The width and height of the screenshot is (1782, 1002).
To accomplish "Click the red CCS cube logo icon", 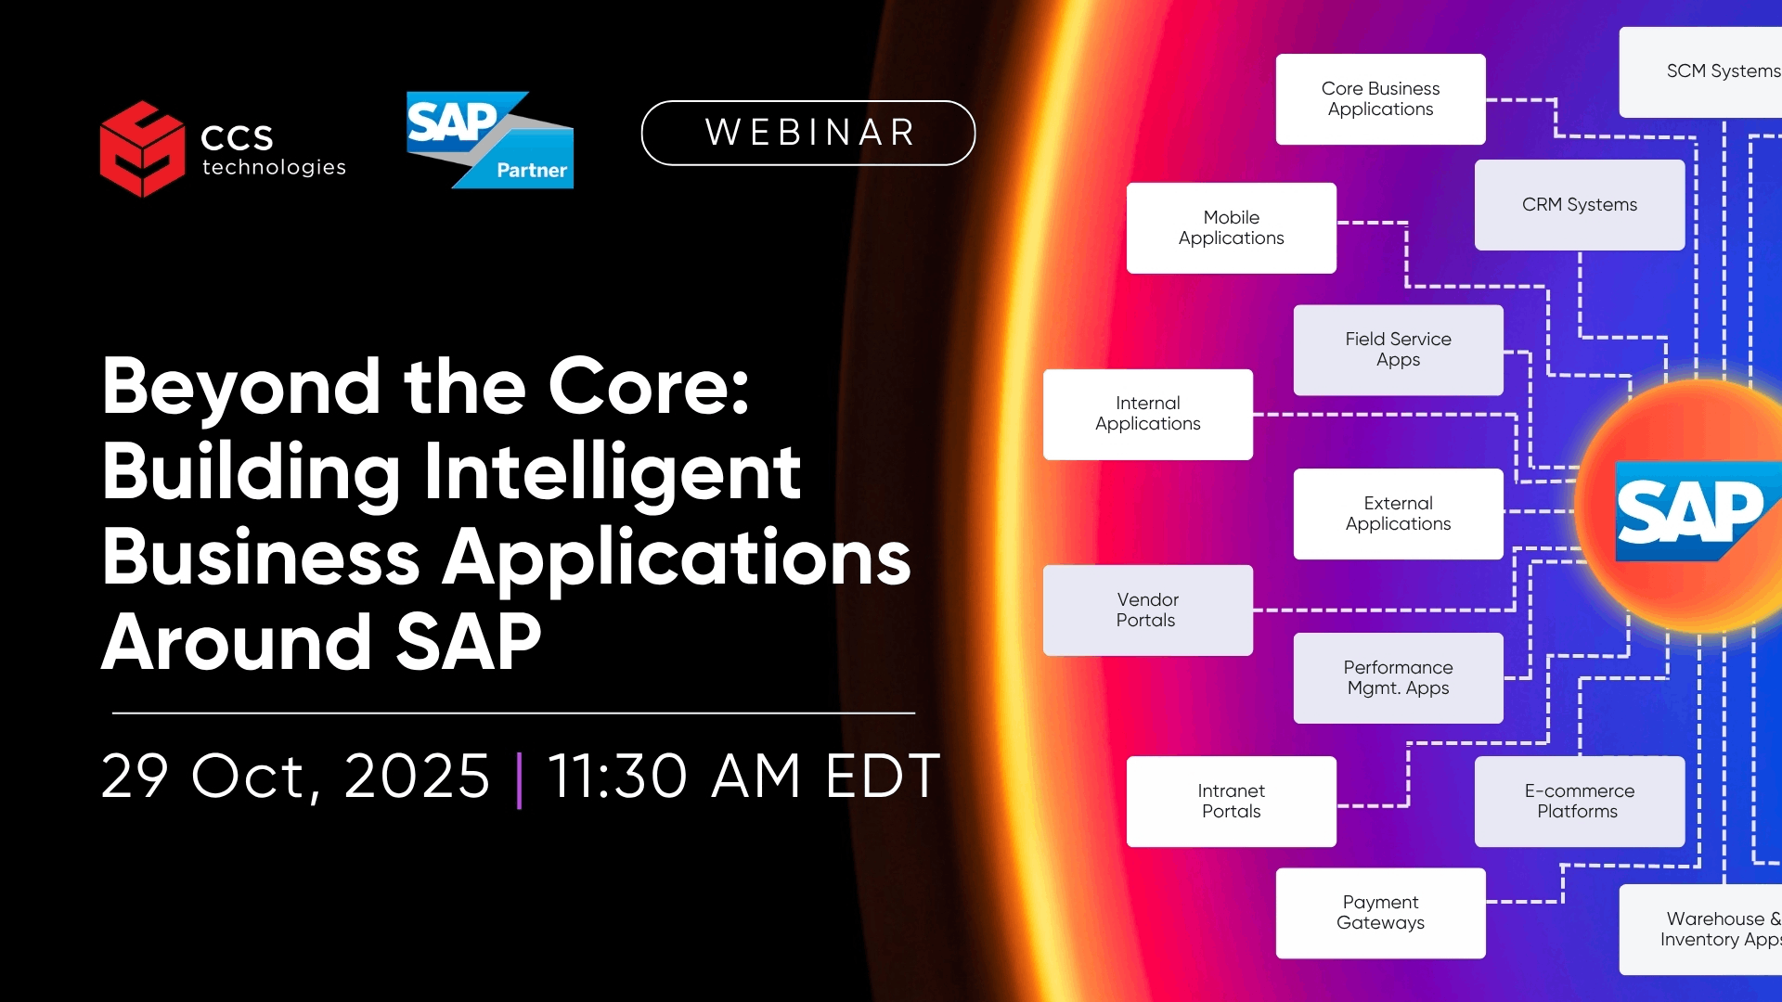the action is point(142,148).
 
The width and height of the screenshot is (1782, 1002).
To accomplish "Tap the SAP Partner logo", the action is point(490,140).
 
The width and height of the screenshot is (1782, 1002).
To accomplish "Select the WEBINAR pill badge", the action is point(808,133).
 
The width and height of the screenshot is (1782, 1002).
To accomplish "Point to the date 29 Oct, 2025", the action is point(295,776).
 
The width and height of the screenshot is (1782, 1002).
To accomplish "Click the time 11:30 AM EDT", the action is point(744,776).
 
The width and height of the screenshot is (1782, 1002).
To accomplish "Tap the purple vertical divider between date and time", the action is point(519,779).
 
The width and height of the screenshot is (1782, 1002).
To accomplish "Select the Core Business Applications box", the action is point(1380,99).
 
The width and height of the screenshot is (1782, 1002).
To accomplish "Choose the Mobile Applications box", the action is point(1232,228).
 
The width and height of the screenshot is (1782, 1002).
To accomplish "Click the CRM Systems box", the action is point(1580,205).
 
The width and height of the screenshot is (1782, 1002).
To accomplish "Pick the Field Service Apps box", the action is point(1399,350).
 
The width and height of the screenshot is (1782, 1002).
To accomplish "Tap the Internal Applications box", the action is point(1148,415).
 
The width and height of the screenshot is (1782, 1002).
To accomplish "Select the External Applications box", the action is point(1399,514).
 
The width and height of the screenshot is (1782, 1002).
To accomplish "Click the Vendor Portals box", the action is point(1148,610).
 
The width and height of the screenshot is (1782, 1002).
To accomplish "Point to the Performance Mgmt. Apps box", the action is point(1399,678).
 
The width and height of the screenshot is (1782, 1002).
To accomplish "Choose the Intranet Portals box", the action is point(1232,802).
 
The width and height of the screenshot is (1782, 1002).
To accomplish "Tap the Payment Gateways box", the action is point(1380,913).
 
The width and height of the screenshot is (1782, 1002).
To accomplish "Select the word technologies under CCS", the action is point(274,168).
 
